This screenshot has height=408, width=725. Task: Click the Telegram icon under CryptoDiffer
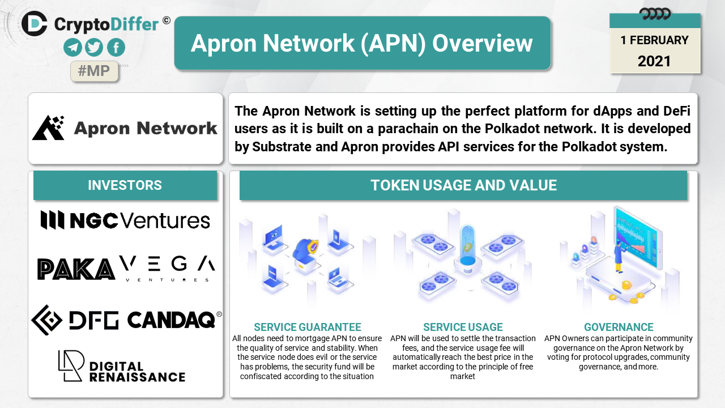pyautogui.click(x=72, y=47)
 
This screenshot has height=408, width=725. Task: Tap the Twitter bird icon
pyautogui.click(x=94, y=47)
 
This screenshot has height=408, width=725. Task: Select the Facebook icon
pyautogui.click(x=116, y=47)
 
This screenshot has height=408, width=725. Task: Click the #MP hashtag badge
pyautogui.click(x=94, y=71)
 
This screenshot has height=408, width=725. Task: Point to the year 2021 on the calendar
pyautogui.click(x=654, y=61)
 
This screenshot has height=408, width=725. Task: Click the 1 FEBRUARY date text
pyautogui.click(x=654, y=40)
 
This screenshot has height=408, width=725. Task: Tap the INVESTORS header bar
pyautogui.click(x=125, y=185)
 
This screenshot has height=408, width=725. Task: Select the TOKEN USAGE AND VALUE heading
pyautogui.click(x=463, y=185)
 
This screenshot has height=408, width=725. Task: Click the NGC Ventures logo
pyautogui.click(x=125, y=220)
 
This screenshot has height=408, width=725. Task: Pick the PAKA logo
pyautogui.click(x=76, y=269)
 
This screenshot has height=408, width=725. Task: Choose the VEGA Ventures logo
pyautogui.click(x=167, y=269)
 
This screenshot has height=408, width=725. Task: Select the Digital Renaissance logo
pyautogui.click(x=122, y=366)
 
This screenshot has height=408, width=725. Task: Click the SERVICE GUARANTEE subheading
pyautogui.click(x=307, y=327)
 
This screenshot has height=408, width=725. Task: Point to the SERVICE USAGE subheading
pyautogui.click(x=463, y=327)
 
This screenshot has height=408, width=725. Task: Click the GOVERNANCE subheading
pyautogui.click(x=619, y=327)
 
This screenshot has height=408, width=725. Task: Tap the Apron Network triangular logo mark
pyautogui.click(x=49, y=127)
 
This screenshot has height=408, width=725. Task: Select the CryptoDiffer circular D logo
pyautogui.click(x=35, y=23)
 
